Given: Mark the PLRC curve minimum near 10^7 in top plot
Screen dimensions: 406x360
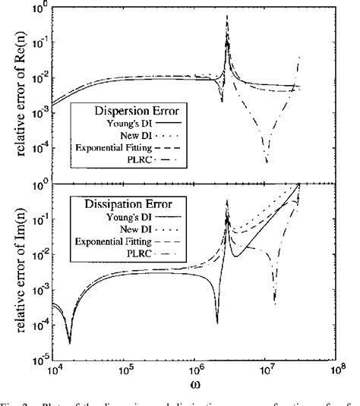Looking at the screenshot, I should point(267,162).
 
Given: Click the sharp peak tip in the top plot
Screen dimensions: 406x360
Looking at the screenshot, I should point(227,15).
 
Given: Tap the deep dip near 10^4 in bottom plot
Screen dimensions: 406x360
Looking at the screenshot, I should point(69,342).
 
